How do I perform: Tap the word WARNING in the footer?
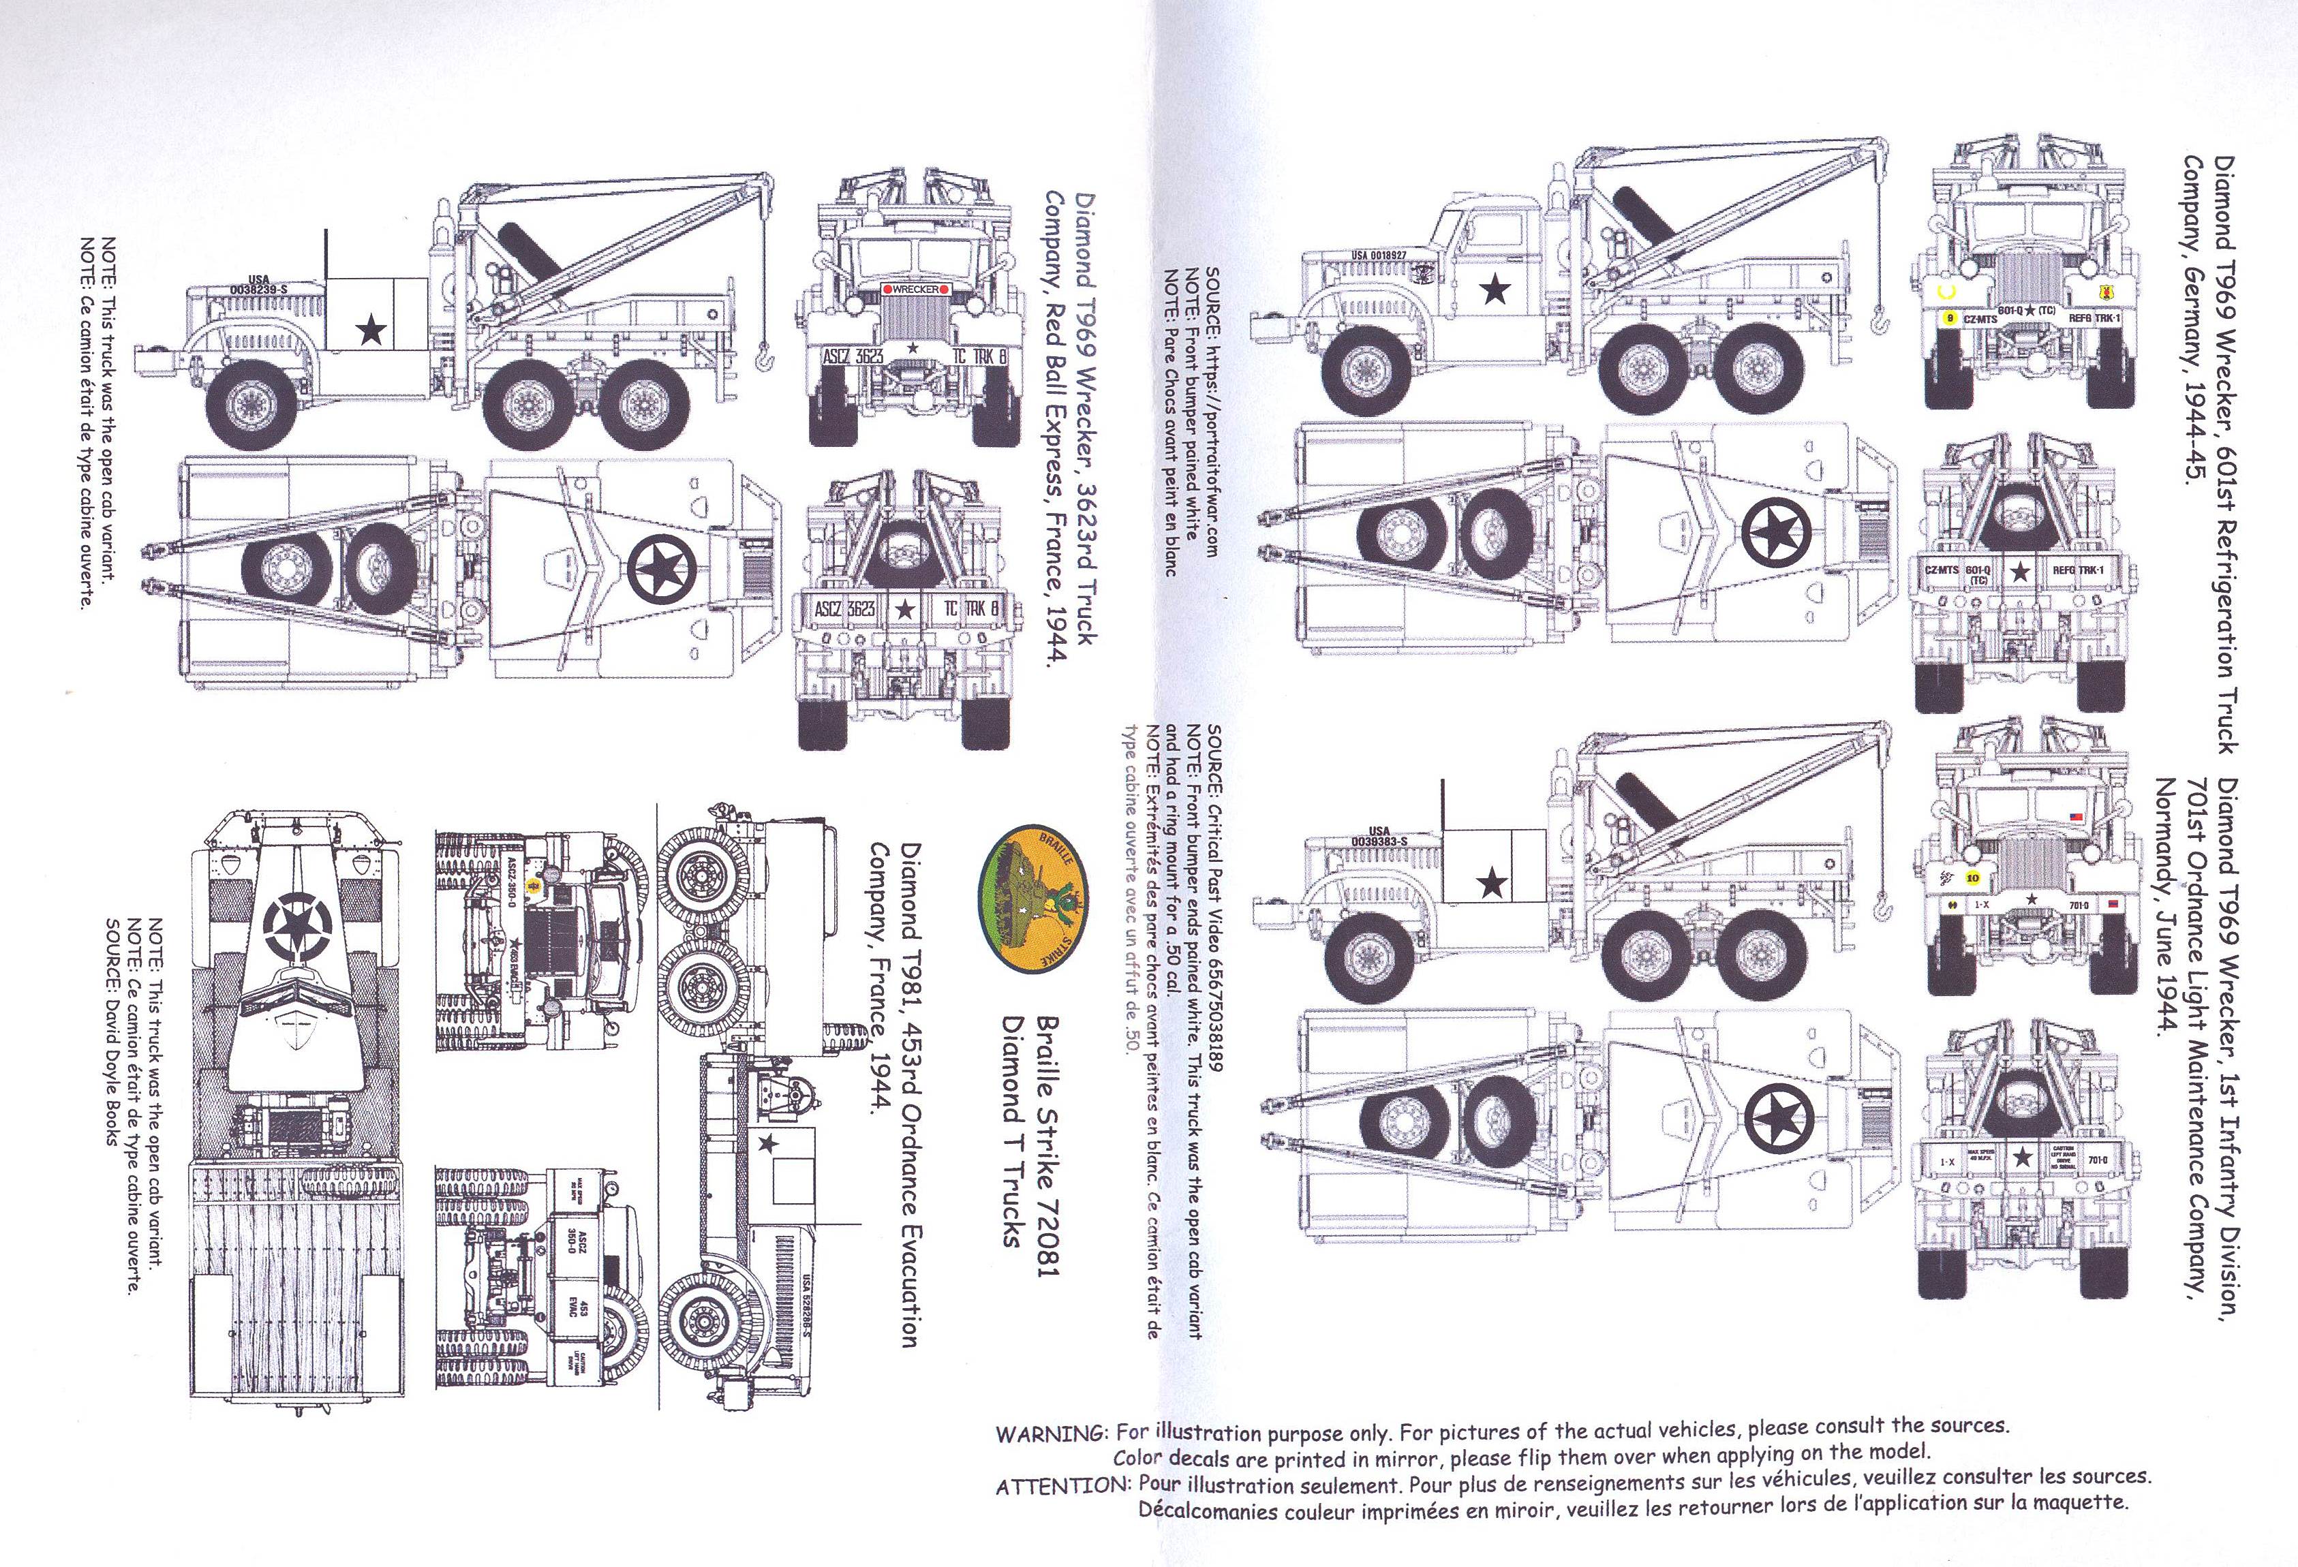pos(1050,1433)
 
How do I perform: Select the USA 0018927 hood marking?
pos(1379,255)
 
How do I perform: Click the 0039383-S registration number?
pos(1379,841)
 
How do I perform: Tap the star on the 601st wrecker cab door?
pos(1496,290)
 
